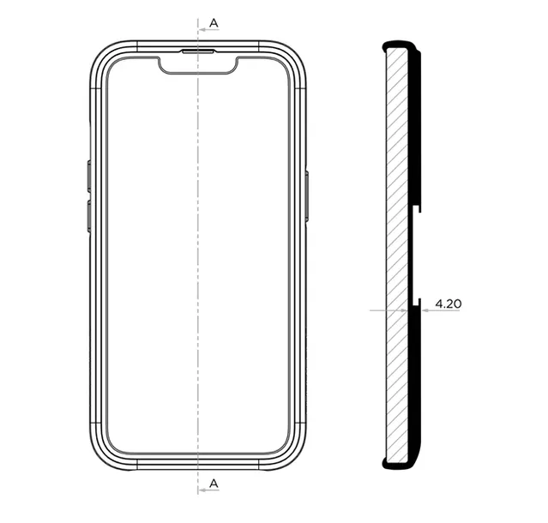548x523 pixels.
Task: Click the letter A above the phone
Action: coord(214,23)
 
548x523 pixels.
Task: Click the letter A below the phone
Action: coord(214,484)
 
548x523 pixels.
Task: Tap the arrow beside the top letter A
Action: coord(208,30)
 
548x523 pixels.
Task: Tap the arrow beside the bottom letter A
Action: coord(208,490)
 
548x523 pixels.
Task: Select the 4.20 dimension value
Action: coord(448,304)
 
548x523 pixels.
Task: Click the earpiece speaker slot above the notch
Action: coord(198,51)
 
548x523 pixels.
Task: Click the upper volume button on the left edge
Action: coord(89,177)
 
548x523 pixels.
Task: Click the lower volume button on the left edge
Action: coord(89,216)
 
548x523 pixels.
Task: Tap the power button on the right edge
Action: coord(307,196)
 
